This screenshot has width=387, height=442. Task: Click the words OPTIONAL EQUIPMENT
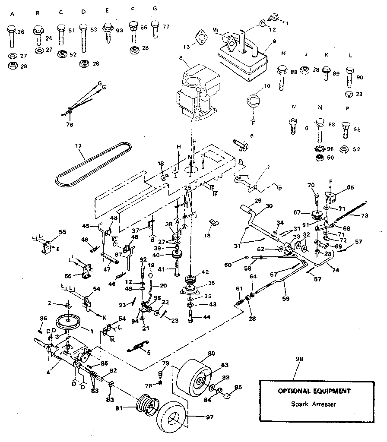(x=314, y=391)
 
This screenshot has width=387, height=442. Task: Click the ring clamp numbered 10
(x=254, y=102)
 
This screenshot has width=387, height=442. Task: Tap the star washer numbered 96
(x=321, y=149)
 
